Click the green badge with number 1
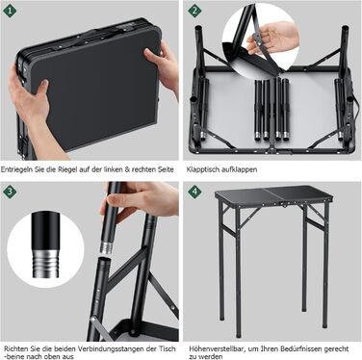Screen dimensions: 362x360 [x=10, y=11]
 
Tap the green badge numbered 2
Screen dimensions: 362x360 [x=194, y=11]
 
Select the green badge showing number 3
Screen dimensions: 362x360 [x=10, y=192]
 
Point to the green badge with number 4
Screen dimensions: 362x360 [x=194, y=192]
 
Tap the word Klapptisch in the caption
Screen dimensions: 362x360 [x=202, y=169]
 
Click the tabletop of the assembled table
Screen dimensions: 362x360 [x=272, y=196]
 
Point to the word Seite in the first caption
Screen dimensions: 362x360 [x=166, y=169]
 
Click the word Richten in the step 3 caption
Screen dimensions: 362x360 [x=14, y=348]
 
